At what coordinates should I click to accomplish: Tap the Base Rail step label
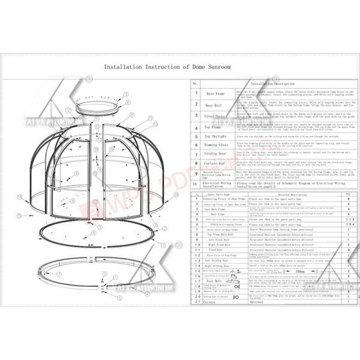tap(214, 104)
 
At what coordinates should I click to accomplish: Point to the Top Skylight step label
tap(214, 137)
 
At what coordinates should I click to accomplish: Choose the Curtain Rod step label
tap(214, 163)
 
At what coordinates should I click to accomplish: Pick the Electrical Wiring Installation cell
tap(214, 185)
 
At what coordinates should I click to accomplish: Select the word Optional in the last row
tap(257, 302)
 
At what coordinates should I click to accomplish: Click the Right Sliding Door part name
tap(214, 265)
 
